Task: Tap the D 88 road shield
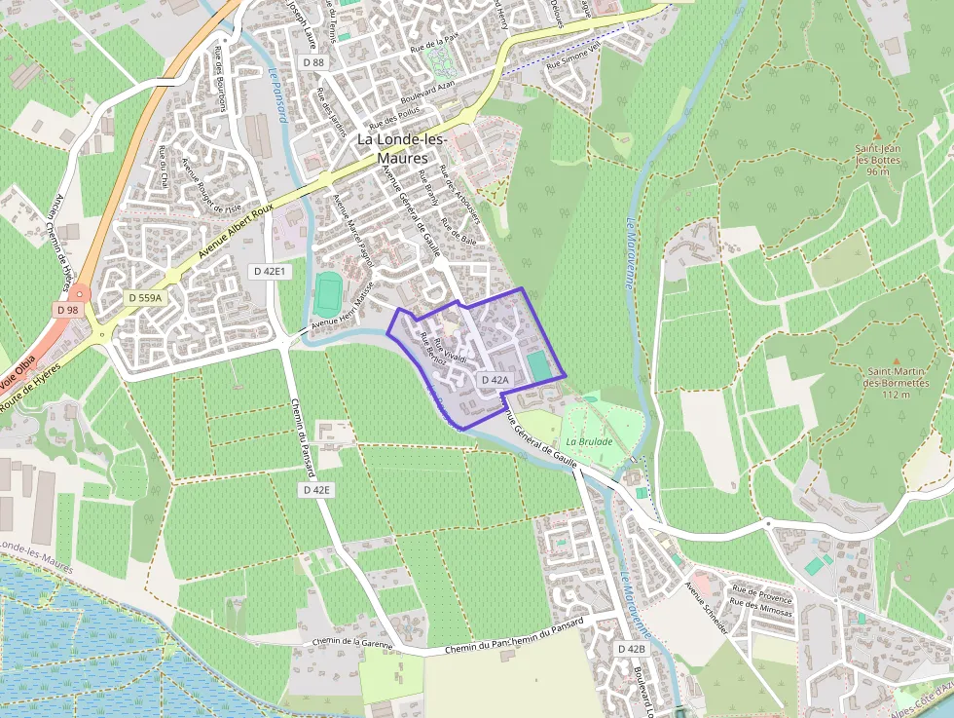point(313,62)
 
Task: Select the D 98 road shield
point(66,310)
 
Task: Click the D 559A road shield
point(144,297)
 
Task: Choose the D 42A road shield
point(495,380)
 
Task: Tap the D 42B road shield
point(631,649)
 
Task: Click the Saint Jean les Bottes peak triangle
point(874,136)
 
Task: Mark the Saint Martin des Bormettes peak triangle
point(896,359)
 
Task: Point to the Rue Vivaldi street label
point(450,351)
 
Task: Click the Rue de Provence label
point(761,590)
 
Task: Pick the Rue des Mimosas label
point(762,607)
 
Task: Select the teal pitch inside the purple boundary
point(537,365)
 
